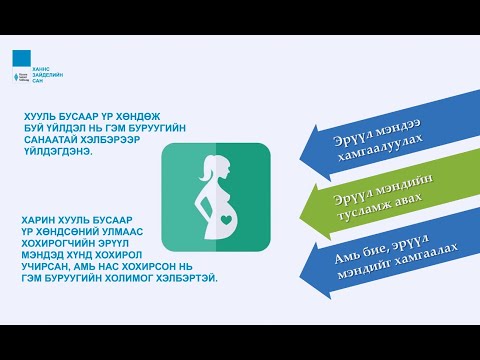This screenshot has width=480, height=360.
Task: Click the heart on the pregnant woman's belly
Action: pyautogui.click(x=228, y=216)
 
